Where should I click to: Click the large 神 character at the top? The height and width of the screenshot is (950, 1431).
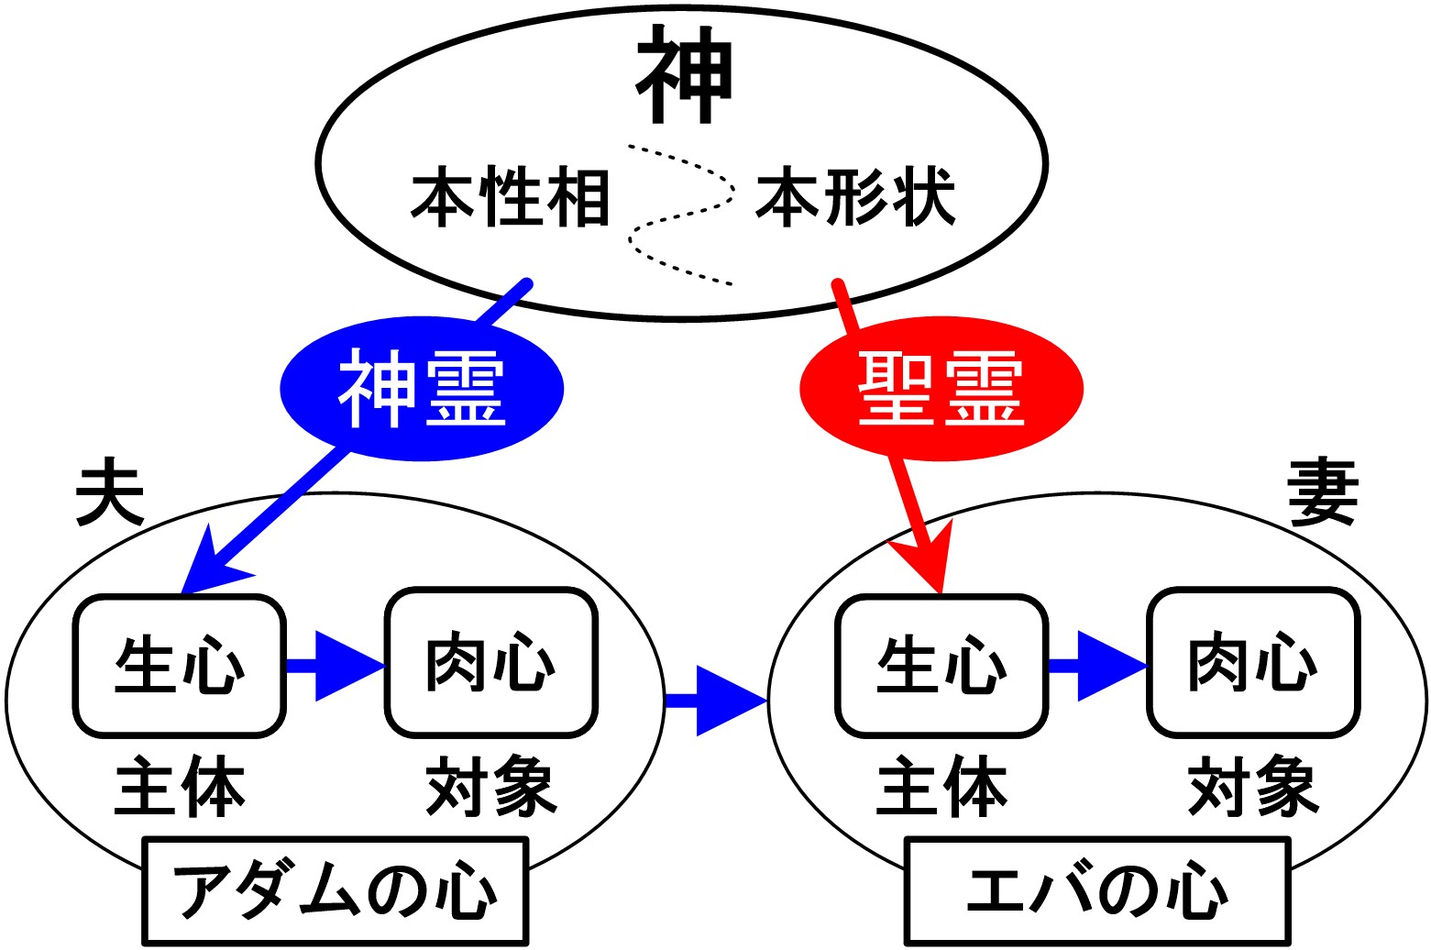coord(685,75)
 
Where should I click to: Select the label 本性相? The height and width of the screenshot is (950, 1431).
coord(510,197)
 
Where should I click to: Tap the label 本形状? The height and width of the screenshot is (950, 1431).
coord(855,197)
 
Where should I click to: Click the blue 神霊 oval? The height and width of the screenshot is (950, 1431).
coord(422,389)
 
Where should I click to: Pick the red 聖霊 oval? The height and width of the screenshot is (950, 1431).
coord(941,389)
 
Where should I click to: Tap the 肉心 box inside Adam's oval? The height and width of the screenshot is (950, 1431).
coord(491,664)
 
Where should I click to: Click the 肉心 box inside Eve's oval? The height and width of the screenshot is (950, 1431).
coord(1253,664)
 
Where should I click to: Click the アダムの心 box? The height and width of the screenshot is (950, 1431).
coord(336,890)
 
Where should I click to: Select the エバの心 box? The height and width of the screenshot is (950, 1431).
coord(1097,890)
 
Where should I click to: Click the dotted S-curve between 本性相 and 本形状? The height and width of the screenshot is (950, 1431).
coord(683,215)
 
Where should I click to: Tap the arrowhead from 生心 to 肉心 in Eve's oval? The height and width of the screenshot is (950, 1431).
coord(1109,667)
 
